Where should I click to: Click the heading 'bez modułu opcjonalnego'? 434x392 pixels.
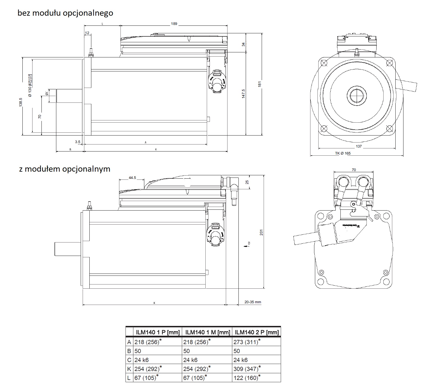pyautogui.click(x=65, y=13)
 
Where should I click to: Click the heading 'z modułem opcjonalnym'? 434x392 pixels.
pyautogui.click(x=64, y=169)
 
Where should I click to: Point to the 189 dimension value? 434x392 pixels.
pyautogui.click(x=174, y=24)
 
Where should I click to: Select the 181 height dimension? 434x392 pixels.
pyautogui.click(x=260, y=84)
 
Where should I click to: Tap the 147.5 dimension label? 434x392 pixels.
pyautogui.click(x=243, y=94)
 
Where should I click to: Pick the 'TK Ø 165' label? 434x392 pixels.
pyautogui.click(x=343, y=153)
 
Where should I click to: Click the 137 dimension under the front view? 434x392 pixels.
pyautogui.click(x=358, y=146)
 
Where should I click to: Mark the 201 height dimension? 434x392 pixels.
pyautogui.click(x=261, y=232)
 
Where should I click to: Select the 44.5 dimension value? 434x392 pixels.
pyautogui.click(x=132, y=178)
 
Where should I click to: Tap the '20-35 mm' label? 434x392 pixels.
pyautogui.click(x=252, y=302)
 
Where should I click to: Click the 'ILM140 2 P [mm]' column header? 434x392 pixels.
pyautogui.click(x=257, y=332)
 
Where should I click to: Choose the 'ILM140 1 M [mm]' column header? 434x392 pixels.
pyautogui.click(x=208, y=332)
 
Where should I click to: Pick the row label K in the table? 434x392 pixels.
pyautogui.click(x=129, y=369)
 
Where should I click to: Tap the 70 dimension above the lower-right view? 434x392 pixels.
pyautogui.click(x=354, y=170)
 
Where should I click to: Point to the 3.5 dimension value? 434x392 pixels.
pyautogui.click(x=78, y=142)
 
